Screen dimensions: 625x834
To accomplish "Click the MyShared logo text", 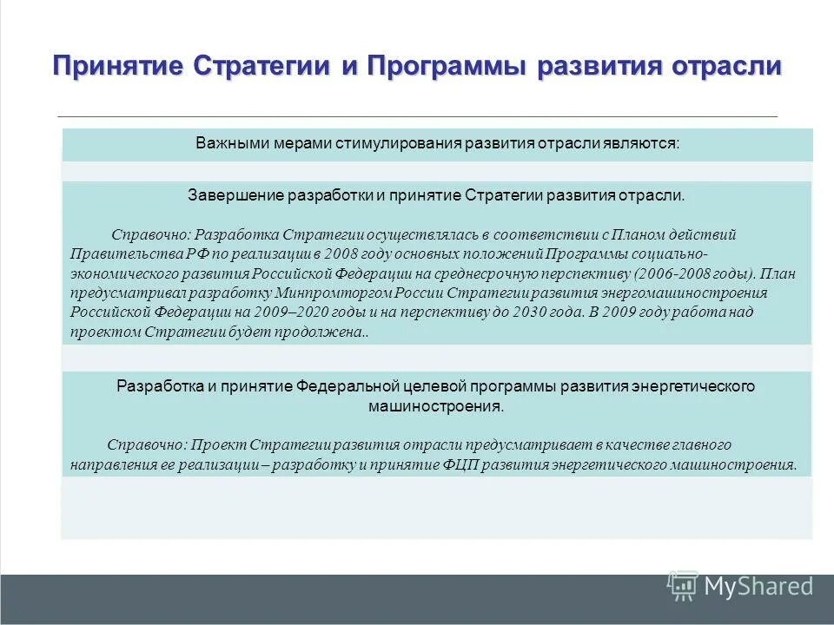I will [x=758, y=587].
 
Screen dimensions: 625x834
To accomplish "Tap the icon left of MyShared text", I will [x=683, y=587].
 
